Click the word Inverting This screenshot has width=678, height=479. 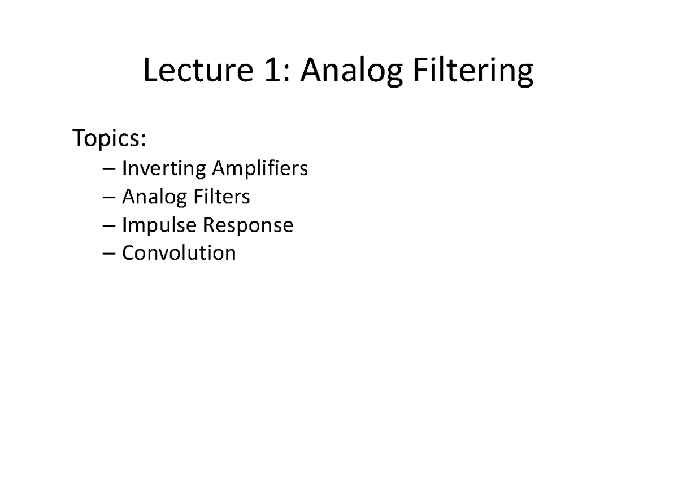tap(164, 169)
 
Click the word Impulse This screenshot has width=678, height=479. tap(159, 225)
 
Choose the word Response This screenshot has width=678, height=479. tap(247, 225)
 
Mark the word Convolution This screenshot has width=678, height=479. tap(179, 252)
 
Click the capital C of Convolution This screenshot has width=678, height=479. tap(129, 252)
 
